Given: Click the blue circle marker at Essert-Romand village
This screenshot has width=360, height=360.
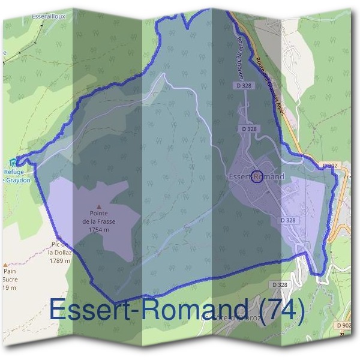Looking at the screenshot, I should tap(257, 176).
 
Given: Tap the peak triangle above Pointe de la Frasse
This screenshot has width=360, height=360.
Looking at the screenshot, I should tap(99, 206).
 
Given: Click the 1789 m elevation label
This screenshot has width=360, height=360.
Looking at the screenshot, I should tap(60, 260).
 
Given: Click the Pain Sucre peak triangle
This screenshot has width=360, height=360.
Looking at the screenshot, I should tap(5, 264).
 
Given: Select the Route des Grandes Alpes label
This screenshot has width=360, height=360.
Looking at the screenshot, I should tap(271, 90).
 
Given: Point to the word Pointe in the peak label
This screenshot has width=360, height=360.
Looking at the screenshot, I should tap(100, 214).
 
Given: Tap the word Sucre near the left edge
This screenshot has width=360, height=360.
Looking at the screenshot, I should tap(10, 280).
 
